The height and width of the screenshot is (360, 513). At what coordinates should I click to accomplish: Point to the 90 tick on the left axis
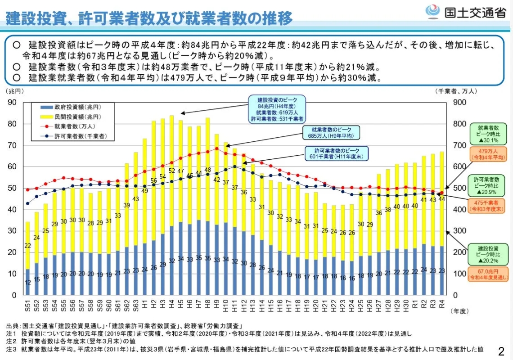point(12,103)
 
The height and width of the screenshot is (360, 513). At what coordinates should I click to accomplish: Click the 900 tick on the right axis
point(456,103)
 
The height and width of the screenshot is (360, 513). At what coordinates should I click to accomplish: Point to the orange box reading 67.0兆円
point(488,274)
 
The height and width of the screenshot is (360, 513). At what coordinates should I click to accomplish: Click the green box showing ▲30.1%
point(488,134)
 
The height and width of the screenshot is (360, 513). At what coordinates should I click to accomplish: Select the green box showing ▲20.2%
point(488,254)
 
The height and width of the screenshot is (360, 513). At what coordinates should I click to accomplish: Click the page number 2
point(501,351)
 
